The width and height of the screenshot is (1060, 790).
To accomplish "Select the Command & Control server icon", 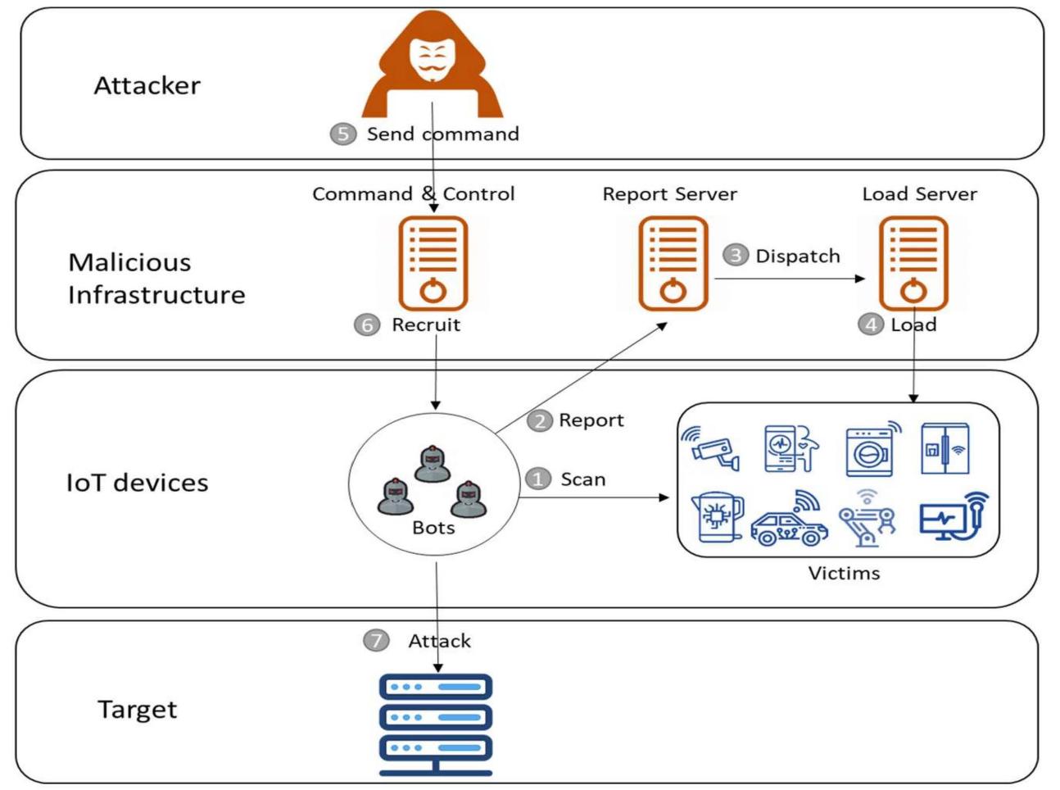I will click(433, 263).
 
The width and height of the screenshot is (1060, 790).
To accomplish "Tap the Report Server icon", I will click(673, 263).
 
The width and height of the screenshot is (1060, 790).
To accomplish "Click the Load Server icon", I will click(913, 263).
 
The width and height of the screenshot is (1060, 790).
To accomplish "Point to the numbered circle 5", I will click(343, 134).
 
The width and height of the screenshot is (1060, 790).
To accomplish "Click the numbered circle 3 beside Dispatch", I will click(735, 256).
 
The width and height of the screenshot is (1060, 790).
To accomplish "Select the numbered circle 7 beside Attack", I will click(376, 640).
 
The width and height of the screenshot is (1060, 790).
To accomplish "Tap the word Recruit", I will click(426, 325).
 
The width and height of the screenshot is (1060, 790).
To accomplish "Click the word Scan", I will click(582, 479).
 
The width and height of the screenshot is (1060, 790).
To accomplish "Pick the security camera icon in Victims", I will click(710, 447).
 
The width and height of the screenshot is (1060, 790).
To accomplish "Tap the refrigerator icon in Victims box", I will click(944, 448).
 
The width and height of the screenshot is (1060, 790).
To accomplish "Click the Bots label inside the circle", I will click(433, 527).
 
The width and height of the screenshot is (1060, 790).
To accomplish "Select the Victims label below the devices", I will click(844, 573).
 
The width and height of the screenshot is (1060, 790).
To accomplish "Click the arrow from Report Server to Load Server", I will click(789, 279).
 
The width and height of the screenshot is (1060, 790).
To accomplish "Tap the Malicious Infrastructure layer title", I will click(156, 279).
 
